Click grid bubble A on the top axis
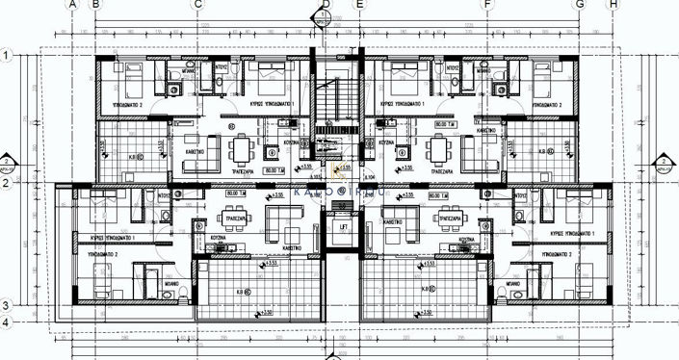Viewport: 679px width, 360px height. pyautogui.click(x=72, y=4)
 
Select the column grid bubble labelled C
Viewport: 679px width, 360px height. pyautogui.click(x=196, y=4)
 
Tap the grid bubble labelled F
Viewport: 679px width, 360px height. pyautogui.click(x=487, y=4)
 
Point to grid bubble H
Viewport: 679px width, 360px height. pyautogui.click(x=613, y=4)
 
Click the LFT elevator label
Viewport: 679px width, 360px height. pyautogui.click(x=343, y=227)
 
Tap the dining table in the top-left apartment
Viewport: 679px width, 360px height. pyautogui.click(x=241, y=148)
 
